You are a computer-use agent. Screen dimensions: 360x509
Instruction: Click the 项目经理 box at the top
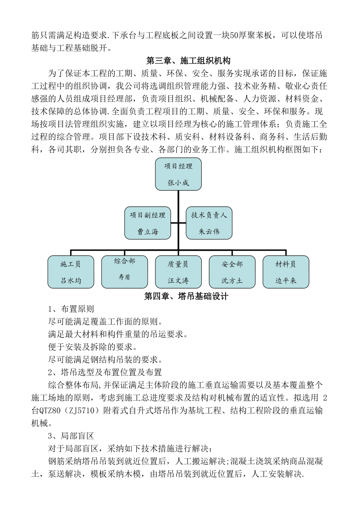coord(178,174)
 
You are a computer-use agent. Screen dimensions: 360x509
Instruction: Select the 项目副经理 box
coord(148,223)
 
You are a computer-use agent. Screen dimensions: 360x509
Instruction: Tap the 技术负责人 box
coord(209,223)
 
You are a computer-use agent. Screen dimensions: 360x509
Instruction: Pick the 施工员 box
coord(71,272)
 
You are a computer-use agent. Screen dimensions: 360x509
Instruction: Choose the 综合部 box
coord(125,272)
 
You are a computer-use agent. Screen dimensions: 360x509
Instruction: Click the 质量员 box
coord(178,272)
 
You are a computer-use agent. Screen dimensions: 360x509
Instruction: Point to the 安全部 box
coord(232,272)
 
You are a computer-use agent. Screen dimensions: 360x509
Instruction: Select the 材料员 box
coord(286,272)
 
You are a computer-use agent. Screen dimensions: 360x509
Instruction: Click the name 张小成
coord(178,183)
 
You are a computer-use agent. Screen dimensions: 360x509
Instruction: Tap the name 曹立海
coord(148,231)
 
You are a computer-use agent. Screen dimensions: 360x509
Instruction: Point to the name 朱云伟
coord(209,231)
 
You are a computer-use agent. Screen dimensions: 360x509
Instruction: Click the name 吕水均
coord(71,281)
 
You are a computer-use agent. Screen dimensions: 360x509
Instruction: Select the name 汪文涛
coord(178,281)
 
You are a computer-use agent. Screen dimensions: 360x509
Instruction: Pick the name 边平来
coord(286,281)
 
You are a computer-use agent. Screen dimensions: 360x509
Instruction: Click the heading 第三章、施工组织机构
coord(188,61)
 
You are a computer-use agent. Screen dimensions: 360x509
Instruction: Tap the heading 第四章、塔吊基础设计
coord(186,297)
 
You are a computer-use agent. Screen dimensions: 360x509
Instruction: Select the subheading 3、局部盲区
coord(71,436)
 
